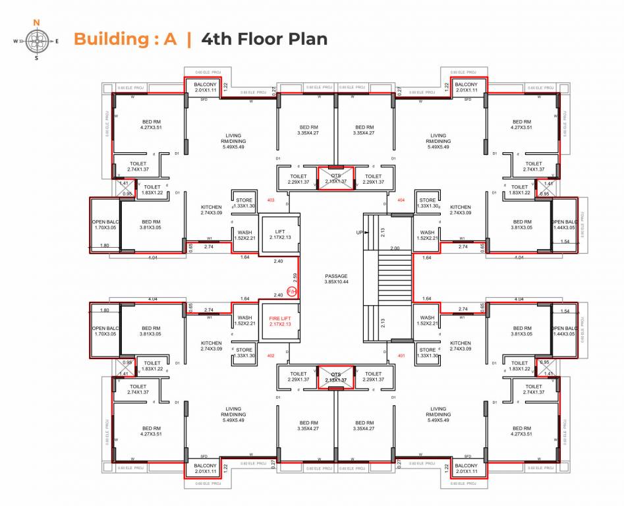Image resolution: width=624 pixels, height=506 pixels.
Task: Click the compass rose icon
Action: pos(36,41)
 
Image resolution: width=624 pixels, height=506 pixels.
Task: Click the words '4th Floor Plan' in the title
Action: pos(264,39)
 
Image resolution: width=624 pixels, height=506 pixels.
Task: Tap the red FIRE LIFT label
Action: pos(279,322)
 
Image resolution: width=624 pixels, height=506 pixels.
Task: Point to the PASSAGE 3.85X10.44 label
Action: pos(336,279)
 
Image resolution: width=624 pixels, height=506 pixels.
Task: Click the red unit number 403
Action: pos(270,200)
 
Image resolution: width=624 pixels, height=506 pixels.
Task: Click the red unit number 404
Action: pos(402,200)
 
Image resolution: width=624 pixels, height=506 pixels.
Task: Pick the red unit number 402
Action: pos(270,356)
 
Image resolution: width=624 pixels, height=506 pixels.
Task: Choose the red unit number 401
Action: pos(402,356)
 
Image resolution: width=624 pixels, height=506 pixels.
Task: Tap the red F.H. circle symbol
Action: pos(293,291)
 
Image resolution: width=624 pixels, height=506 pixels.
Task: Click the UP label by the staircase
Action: pos(360,233)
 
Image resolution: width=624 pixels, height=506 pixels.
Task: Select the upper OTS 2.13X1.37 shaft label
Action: pos(336,179)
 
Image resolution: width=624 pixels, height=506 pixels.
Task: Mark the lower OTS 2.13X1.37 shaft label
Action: pos(336,377)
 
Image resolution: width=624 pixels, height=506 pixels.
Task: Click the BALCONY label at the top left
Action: pos(205,87)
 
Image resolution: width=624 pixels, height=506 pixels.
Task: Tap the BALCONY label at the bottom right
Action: pos(467,468)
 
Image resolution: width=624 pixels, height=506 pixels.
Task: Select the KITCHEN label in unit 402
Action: pos(212,346)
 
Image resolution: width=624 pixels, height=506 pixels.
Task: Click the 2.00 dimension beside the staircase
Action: pos(394,248)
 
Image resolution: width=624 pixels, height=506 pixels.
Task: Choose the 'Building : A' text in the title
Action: pos(125,39)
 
